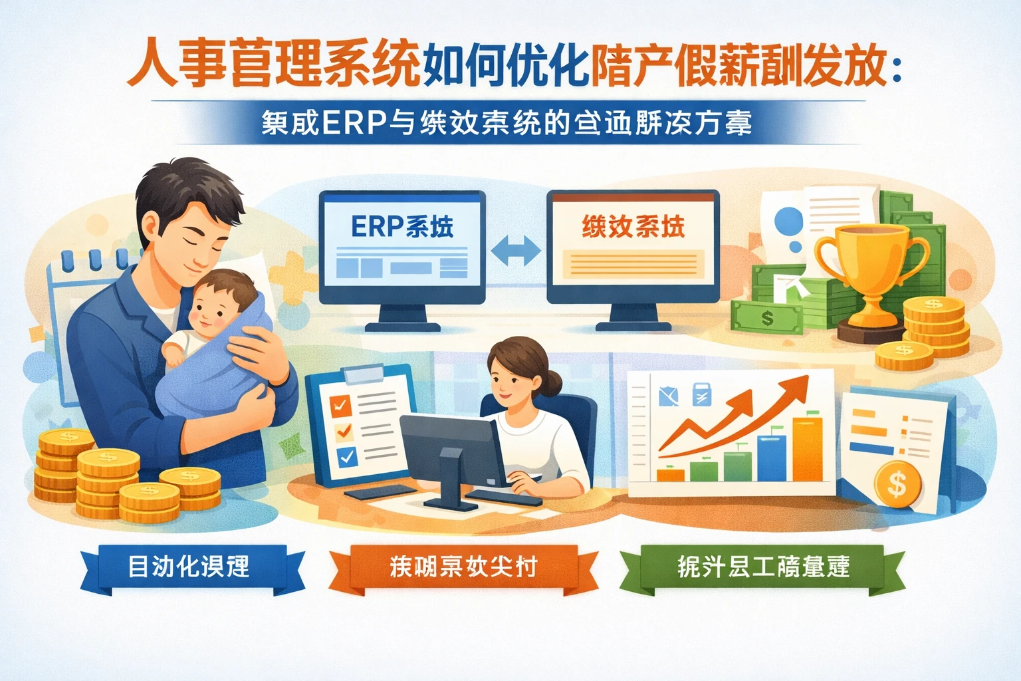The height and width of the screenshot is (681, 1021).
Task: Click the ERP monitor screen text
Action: tap(402, 227)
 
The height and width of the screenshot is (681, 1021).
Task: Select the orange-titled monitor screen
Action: tap(633, 246)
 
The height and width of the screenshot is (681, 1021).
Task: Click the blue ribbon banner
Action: tap(189, 567)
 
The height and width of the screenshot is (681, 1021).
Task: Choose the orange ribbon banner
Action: tap(463, 567)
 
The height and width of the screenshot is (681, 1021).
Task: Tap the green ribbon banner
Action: tap(762, 567)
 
